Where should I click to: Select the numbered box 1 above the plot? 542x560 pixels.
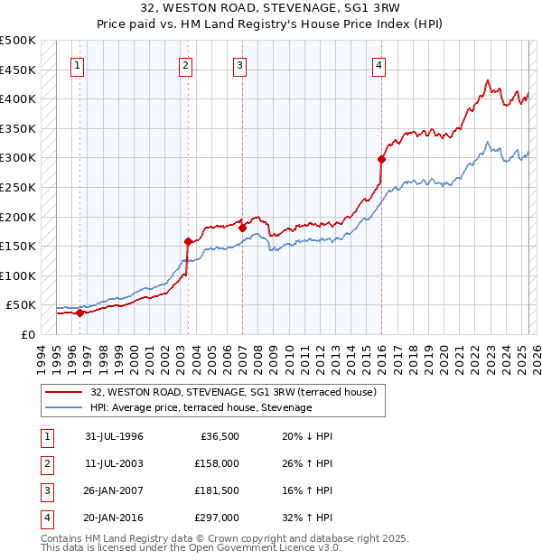(x=79, y=65)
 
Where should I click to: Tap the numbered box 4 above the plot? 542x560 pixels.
(x=379, y=65)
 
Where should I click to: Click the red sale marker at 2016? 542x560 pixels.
(x=381, y=160)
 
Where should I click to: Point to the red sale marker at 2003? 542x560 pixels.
(x=188, y=241)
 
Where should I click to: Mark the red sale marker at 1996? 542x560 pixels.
(x=79, y=313)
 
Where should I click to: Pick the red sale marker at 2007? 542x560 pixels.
(x=242, y=228)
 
